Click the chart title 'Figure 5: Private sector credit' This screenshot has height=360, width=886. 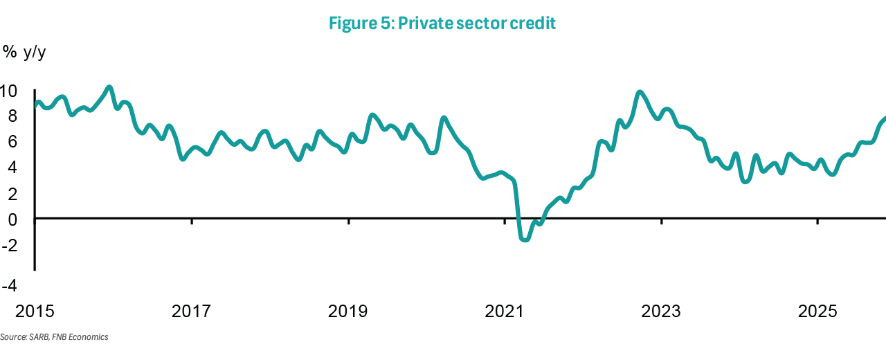coord(442,24)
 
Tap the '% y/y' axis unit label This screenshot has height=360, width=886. coord(24,53)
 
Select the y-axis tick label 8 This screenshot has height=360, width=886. coord(12,116)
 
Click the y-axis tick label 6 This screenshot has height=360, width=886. coord(12,142)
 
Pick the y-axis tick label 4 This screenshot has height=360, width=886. coord(12,168)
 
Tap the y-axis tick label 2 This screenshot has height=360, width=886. coord(12,193)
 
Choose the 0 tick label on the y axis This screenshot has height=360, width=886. coord(12,219)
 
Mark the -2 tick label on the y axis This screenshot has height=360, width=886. coord(9,244)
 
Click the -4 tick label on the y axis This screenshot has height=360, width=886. coord(9,285)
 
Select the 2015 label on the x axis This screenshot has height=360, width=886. coord(35,312)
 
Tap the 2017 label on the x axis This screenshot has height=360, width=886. coord(191,312)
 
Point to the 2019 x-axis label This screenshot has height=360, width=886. coord(348,312)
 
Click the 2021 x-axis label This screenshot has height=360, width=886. coord(505,312)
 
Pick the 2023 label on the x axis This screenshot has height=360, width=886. coord(661,312)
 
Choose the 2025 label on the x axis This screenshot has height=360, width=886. coord(817,312)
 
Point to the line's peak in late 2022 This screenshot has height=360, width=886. coord(639,92)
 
